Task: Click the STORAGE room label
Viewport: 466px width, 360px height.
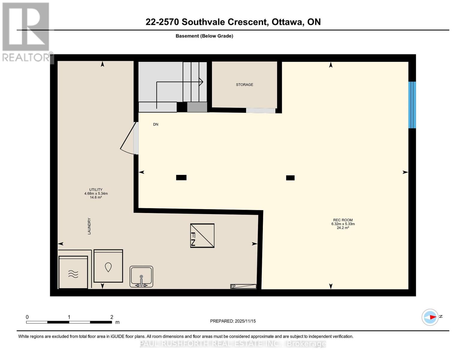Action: coord(244,85)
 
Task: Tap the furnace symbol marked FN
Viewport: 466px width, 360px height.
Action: coord(202,235)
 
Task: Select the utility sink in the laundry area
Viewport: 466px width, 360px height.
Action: coord(141,277)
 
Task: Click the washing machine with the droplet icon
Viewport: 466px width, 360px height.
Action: coord(108,266)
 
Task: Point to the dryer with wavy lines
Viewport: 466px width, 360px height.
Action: coord(73,272)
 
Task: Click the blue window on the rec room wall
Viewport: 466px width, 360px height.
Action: coord(412,105)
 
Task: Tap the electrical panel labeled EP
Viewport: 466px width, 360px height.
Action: coord(243,286)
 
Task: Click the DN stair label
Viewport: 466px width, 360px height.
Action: coord(155,124)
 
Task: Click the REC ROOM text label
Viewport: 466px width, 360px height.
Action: coord(343,220)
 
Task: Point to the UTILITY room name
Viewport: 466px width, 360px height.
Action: coord(96,190)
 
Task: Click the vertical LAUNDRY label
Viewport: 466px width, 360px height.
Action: coord(89,226)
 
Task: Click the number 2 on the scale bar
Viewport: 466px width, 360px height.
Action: coord(112,317)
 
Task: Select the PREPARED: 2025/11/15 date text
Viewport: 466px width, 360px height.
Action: coord(233,321)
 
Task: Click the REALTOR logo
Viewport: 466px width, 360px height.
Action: coord(26,31)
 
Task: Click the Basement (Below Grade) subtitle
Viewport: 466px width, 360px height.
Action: coord(204,36)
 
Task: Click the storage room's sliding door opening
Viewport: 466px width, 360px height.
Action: coord(260,110)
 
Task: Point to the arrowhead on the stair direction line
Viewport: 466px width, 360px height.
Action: coord(201,82)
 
